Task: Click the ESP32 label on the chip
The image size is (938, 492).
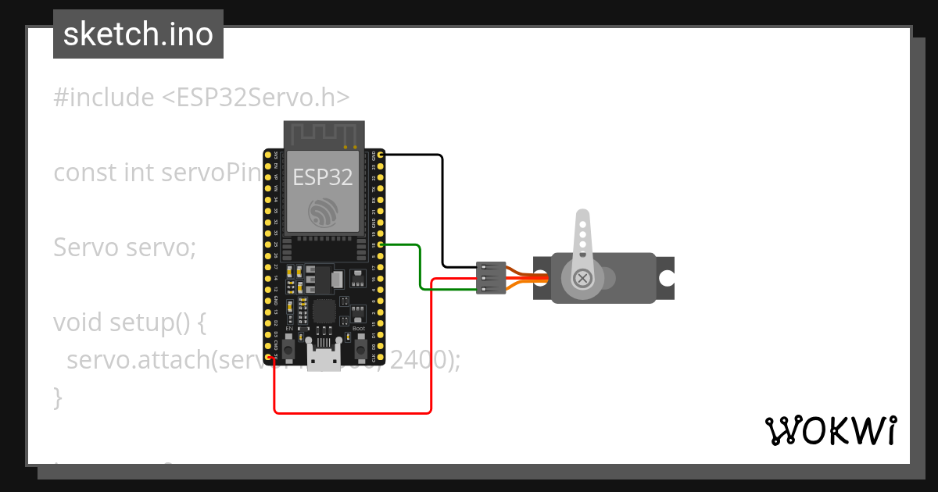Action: pos(323,177)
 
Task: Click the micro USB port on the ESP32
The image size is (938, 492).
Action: pos(324,360)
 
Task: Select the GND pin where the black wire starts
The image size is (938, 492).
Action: pos(381,155)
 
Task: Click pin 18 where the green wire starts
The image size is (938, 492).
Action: pos(381,245)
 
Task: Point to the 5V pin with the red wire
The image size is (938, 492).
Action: pos(268,358)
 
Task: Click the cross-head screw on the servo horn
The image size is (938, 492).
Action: pos(582,278)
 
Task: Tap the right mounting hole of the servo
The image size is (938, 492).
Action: pos(667,278)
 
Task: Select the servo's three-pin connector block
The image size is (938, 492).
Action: pos(491,278)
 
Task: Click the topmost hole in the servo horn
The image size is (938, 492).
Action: pos(582,223)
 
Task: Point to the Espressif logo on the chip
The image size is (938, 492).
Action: pos(323,212)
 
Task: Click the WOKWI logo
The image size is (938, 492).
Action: pos(830,430)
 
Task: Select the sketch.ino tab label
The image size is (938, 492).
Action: pos(138,34)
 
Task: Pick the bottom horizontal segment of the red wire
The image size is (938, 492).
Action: pos(352,412)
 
